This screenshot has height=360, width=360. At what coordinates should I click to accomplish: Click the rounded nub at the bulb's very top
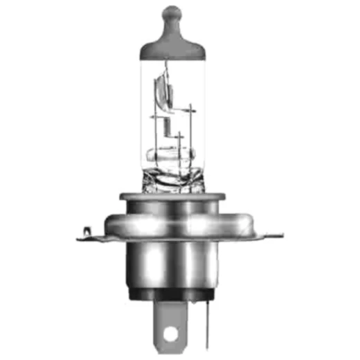point(172,14)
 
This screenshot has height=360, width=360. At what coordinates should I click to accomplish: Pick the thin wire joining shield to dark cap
point(166,66)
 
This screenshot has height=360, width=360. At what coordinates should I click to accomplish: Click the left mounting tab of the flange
point(93,237)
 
